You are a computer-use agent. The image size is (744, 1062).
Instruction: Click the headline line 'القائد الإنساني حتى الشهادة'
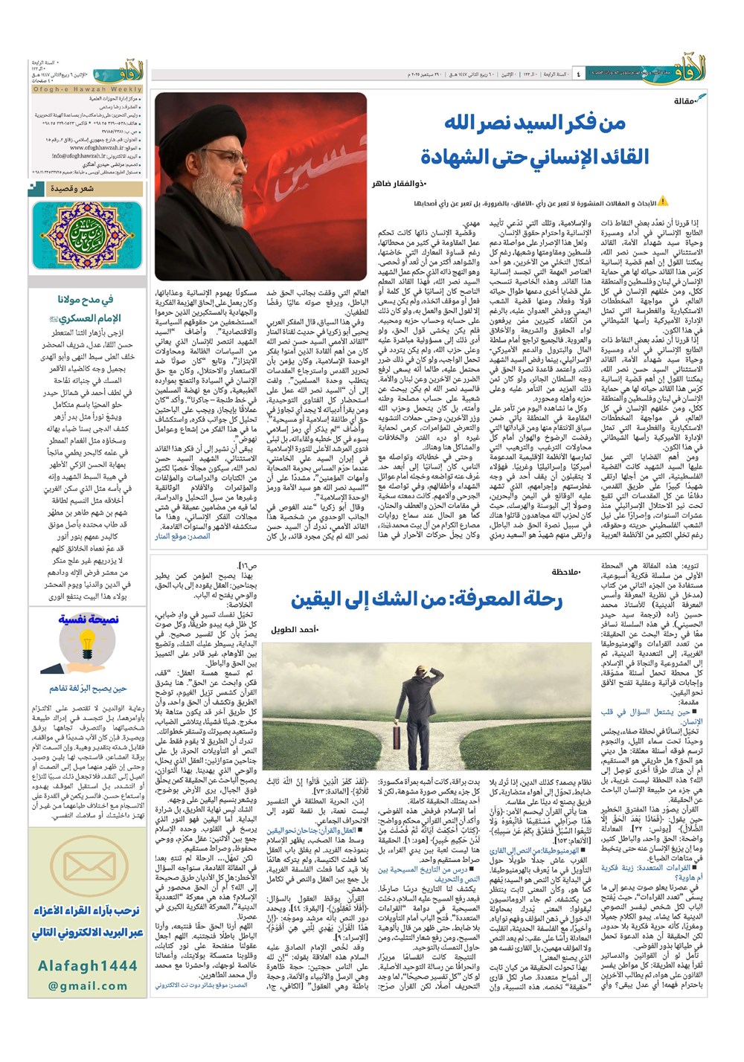533,157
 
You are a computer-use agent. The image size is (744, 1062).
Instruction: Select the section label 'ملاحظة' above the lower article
565,573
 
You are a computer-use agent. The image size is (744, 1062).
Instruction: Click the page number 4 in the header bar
578,74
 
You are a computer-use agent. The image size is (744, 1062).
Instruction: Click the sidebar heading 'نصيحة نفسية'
87,619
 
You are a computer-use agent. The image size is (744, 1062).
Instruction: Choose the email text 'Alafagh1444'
87,965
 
